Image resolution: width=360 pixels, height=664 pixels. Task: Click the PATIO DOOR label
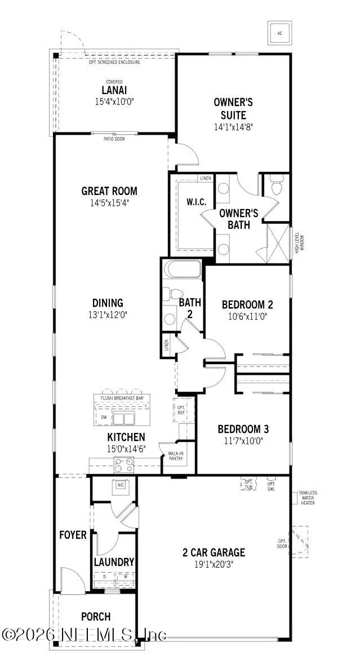[x=114, y=139]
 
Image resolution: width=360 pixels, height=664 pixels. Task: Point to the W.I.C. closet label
[x=196, y=202]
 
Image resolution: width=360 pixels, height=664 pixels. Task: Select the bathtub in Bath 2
[x=181, y=270]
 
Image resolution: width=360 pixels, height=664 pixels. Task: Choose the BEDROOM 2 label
[x=247, y=304]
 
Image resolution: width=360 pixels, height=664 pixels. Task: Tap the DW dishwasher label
[x=104, y=417]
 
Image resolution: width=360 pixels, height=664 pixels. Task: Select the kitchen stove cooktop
[x=124, y=464]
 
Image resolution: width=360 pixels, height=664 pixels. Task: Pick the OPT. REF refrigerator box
[x=181, y=410]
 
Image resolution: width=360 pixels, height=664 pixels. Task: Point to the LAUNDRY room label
[x=114, y=562]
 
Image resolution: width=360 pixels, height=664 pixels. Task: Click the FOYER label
[x=73, y=534]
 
